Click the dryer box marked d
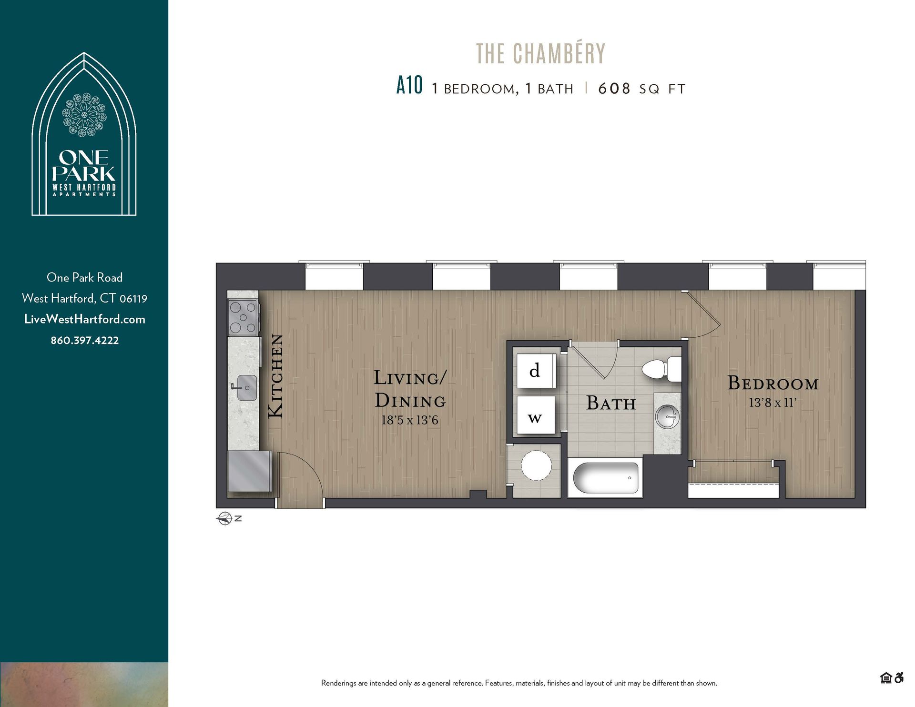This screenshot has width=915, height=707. click(x=536, y=371)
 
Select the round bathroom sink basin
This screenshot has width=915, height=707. click(x=667, y=417)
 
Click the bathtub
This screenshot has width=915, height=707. click(x=605, y=478)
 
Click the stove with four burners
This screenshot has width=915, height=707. click(x=243, y=316)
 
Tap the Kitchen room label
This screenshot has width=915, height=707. click(x=276, y=376)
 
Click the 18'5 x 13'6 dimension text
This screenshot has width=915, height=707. click(x=409, y=420)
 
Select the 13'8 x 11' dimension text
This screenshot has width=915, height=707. click(x=772, y=403)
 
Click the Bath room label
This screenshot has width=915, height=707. click(x=610, y=403)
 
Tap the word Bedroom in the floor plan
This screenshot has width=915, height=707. click(x=773, y=383)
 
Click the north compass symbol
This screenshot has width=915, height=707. click(x=224, y=518)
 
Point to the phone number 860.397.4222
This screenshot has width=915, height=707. click(x=85, y=340)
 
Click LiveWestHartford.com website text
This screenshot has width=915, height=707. click(x=85, y=319)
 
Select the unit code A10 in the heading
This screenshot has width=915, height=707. click(x=409, y=86)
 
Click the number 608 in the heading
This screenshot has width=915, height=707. click(x=614, y=89)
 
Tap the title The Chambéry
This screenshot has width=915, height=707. click(x=540, y=53)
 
